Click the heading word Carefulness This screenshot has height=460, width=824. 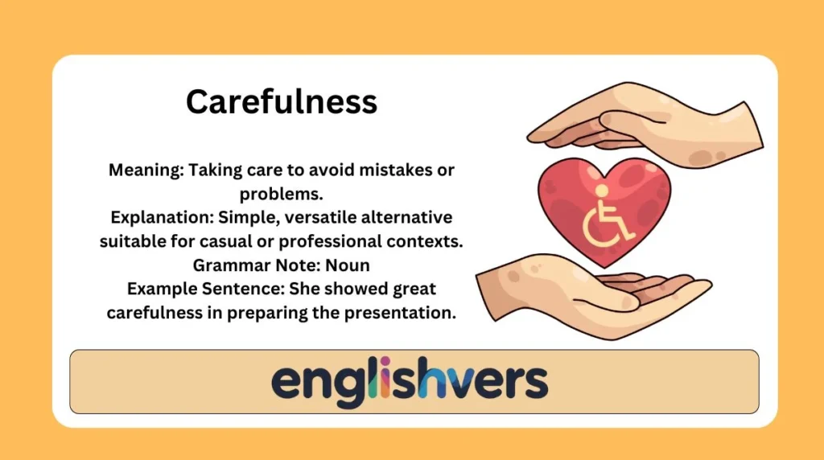pyautogui.click(x=281, y=102)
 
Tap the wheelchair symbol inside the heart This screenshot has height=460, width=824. pyautogui.click(x=606, y=214)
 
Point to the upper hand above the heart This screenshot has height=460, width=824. pyautogui.click(x=644, y=129)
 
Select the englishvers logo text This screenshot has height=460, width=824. pyautogui.click(x=410, y=381)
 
